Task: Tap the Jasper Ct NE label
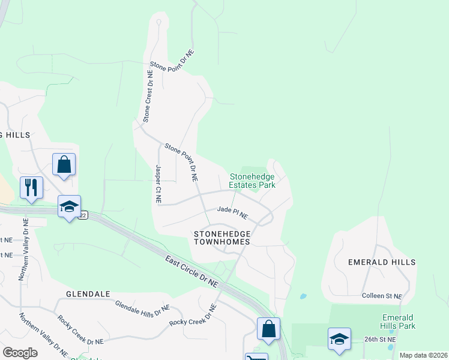click(158, 184)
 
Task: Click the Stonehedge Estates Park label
click(252, 181)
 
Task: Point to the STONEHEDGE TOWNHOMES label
click(221, 237)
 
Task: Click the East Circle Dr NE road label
click(192, 269)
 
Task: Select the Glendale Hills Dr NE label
click(142, 309)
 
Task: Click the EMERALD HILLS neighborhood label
click(382, 262)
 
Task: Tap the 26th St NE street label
click(380, 339)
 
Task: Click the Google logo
click(20, 353)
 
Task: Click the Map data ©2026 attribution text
click(423, 355)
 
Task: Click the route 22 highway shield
click(83, 215)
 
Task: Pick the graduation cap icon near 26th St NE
click(339, 338)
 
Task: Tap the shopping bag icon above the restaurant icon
click(64, 164)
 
